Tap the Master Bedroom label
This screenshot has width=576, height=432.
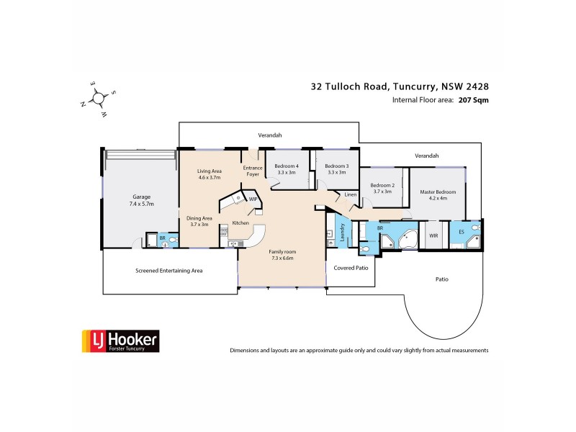pyautogui.click(x=438, y=191)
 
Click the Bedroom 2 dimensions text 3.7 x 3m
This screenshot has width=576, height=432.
pyautogui.click(x=381, y=192)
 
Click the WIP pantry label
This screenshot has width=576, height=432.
pyautogui.click(x=253, y=198)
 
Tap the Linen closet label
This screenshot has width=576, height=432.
pyautogui.click(x=350, y=194)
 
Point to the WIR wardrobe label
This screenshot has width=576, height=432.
pyautogui.click(x=433, y=235)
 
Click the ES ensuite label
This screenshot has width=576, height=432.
pyautogui.click(x=461, y=232)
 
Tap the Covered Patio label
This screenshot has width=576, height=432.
pyautogui.click(x=351, y=267)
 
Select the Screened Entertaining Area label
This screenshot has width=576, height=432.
pyautogui.click(x=169, y=271)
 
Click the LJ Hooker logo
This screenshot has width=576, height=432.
pyautogui.click(x=119, y=341)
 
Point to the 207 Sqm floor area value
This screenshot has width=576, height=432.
pyautogui.click(x=473, y=101)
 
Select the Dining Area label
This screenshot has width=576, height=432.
pyautogui.click(x=198, y=221)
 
